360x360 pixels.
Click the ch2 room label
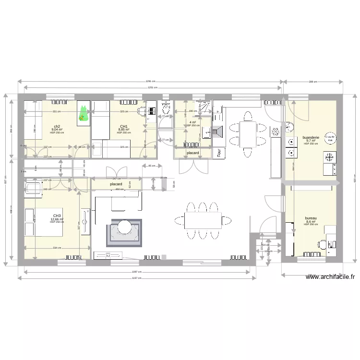[x=57, y=126]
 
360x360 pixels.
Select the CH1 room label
[x=123, y=126]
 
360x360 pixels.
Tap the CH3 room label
[x=57, y=216]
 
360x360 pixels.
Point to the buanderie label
[x=311, y=136]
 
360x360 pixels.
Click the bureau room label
[x=311, y=218]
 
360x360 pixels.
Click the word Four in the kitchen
[x=219, y=153]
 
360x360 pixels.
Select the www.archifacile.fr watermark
[x=331, y=277]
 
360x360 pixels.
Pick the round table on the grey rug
[x=124, y=226]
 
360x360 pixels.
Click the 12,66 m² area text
[x=57, y=219]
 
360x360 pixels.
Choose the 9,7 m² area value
[x=311, y=140]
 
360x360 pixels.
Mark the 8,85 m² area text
[x=123, y=130]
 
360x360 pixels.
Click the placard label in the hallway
[x=116, y=184]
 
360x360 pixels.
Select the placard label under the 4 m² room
[x=193, y=153]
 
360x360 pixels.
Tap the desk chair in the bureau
[x=331, y=244]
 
